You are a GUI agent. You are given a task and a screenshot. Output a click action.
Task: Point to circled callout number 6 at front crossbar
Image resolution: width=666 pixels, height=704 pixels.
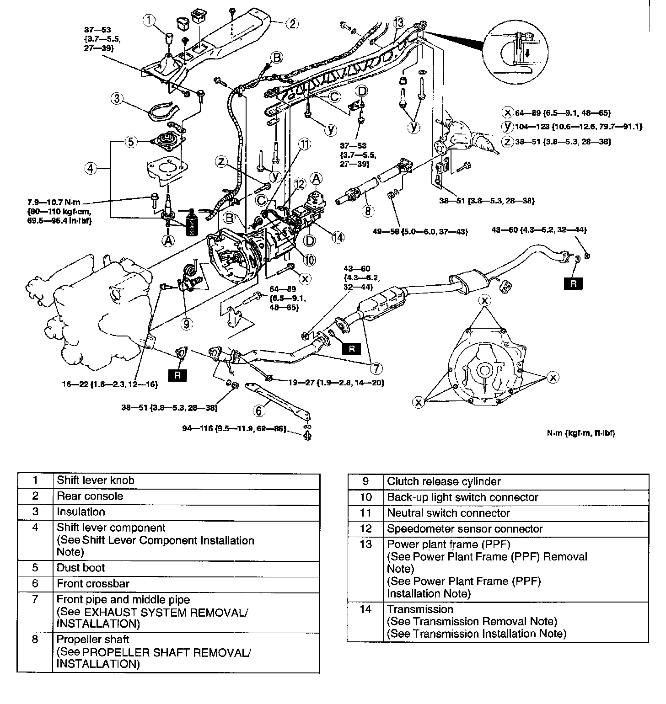[x=259, y=411]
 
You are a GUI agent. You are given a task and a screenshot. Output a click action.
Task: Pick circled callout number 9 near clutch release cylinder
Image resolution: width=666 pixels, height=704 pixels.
[x=186, y=324]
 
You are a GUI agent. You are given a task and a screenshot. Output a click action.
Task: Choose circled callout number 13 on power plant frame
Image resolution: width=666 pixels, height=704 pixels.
[x=398, y=23]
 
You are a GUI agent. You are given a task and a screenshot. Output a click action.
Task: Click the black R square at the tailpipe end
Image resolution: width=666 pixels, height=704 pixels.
[x=574, y=283]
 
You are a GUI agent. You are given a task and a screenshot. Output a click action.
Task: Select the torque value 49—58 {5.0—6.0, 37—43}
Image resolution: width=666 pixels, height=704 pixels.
[x=420, y=232]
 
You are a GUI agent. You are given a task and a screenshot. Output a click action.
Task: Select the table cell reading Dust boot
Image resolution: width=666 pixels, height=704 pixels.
[x=81, y=568]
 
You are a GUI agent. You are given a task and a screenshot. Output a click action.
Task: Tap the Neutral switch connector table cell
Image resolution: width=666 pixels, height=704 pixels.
[x=448, y=513]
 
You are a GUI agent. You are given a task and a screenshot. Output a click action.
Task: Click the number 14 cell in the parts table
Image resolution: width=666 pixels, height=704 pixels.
[x=365, y=609]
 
